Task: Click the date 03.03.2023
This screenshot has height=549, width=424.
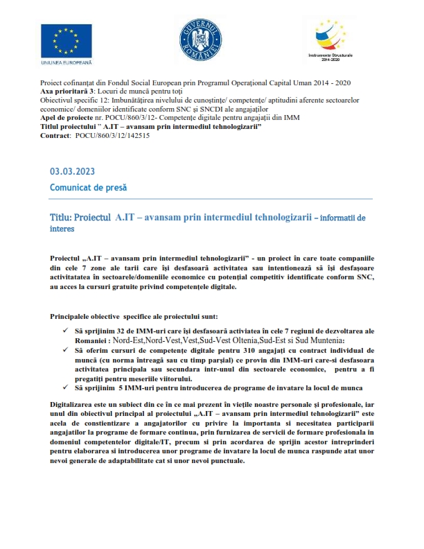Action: tap(72, 172)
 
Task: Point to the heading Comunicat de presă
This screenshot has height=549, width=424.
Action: tap(88, 188)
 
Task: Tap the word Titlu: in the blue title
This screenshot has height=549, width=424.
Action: tap(60, 218)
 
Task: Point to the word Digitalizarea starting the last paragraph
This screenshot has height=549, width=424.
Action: tap(76, 403)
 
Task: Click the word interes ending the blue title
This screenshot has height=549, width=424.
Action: tap(62, 228)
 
